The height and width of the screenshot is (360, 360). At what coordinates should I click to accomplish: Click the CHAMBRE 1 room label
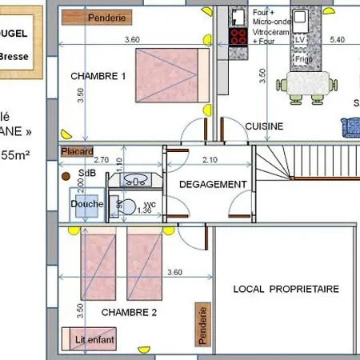98,76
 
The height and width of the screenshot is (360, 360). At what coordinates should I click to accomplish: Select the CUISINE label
264,126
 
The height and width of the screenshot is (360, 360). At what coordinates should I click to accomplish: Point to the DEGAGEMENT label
213,184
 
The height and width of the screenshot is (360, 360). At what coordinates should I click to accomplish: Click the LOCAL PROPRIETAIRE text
286,289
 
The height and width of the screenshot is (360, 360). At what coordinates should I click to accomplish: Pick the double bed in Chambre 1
166,75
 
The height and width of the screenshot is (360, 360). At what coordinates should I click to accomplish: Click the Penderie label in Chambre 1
108,17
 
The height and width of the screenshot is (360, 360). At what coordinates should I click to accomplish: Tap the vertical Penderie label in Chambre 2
204,326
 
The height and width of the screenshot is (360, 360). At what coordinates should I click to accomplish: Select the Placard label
78,150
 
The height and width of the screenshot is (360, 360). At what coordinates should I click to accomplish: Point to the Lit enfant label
95,341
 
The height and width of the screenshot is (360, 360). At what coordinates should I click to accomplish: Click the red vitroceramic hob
238,35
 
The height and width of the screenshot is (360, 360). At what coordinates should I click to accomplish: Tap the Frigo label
302,58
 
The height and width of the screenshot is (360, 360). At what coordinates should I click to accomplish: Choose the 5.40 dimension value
338,38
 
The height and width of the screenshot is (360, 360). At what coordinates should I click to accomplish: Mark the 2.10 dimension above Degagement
210,160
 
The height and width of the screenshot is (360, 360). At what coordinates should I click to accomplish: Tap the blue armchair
350,125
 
